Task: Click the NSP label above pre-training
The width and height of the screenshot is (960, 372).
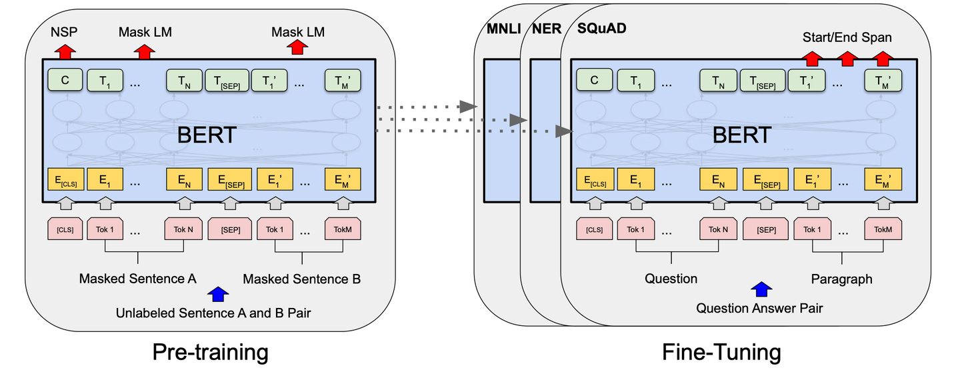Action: tap(65, 32)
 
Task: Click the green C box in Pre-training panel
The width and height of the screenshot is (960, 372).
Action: tap(65, 81)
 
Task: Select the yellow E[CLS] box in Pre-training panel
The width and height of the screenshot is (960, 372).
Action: tap(65, 179)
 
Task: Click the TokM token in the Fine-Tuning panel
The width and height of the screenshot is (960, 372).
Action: tap(883, 229)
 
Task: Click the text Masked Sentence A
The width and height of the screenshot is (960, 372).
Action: tap(137, 279)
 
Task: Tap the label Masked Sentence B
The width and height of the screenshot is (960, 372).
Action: tap(301, 279)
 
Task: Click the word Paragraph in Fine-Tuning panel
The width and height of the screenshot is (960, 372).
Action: tap(841, 279)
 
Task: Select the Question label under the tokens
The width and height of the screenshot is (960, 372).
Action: tap(671, 279)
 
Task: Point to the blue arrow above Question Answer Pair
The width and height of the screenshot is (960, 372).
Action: tap(761, 289)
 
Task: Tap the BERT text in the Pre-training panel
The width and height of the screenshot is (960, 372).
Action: tap(206, 135)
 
